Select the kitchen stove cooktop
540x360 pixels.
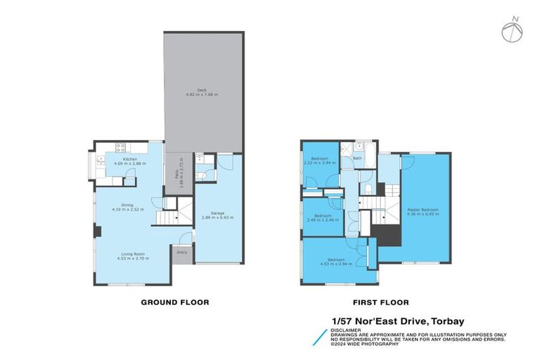tap(120, 148)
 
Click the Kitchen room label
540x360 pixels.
tap(129, 159)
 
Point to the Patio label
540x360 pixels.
tap(175, 171)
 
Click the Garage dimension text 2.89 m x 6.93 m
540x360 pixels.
tap(217, 218)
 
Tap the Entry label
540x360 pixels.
tap(182, 252)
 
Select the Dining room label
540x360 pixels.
tap(127, 205)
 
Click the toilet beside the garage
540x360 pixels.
tap(200, 176)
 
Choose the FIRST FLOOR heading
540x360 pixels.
tap(380, 302)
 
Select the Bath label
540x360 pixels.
tap(357, 158)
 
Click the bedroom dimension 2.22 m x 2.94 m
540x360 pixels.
tap(320, 162)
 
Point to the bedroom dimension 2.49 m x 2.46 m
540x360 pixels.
tap(323, 219)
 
